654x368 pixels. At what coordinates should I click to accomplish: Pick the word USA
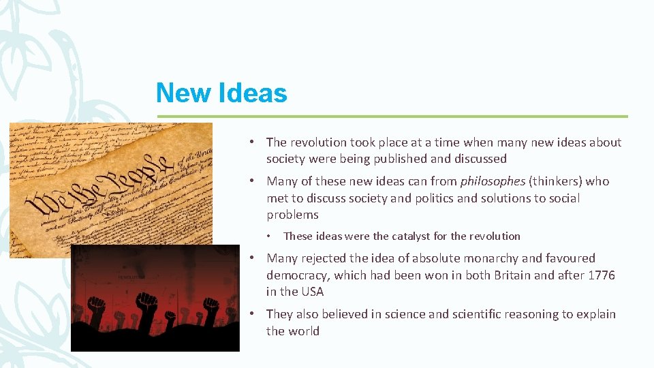pyautogui.click(x=312, y=292)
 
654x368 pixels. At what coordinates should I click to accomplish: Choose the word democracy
pyautogui.click(x=296, y=275)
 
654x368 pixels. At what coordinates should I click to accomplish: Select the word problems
pyautogui.click(x=292, y=215)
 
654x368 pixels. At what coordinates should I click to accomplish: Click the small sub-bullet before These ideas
pyautogui.click(x=270, y=236)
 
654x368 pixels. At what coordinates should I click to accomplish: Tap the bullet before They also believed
pyautogui.click(x=252, y=314)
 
